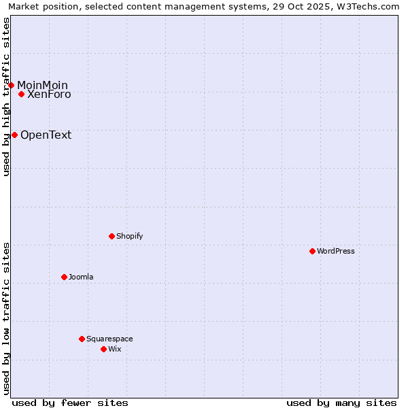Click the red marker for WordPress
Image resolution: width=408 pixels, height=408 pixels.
[x=312, y=251]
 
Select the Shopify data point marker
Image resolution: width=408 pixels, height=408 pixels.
[x=112, y=236]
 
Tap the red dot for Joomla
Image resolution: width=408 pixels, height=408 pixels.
[x=64, y=277]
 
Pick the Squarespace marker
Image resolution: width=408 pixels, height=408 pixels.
[x=82, y=339]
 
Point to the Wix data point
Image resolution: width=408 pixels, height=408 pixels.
[x=103, y=349]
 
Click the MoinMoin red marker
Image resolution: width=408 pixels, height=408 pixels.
[x=12, y=85]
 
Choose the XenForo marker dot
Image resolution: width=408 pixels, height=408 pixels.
[x=22, y=94]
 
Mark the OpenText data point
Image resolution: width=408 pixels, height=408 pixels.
[x=14, y=135]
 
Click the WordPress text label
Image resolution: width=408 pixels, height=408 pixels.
[x=336, y=251]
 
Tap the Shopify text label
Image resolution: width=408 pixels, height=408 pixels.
[x=129, y=236]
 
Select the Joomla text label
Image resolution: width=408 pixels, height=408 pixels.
[x=81, y=277]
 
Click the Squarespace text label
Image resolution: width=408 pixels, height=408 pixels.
[x=109, y=339]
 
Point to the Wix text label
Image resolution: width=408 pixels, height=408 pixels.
[x=115, y=349]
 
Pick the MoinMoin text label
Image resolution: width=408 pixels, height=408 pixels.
[x=42, y=85]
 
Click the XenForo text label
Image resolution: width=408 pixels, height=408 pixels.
[x=49, y=95]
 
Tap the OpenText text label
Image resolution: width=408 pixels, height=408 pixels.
[x=46, y=135]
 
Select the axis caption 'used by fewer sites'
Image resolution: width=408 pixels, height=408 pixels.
[x=70, y=403]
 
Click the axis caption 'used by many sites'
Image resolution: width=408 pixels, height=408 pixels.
[x=341, y=403]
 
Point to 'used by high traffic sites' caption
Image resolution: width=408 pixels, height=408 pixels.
[x=6, y=97]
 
